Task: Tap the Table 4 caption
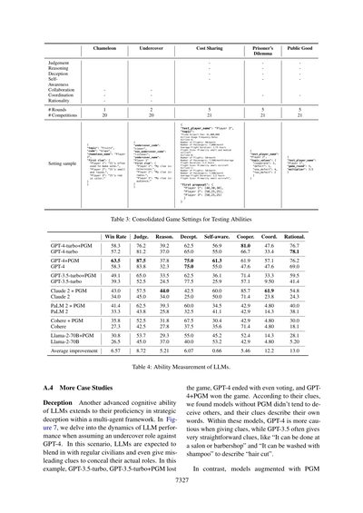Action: point(181,389)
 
